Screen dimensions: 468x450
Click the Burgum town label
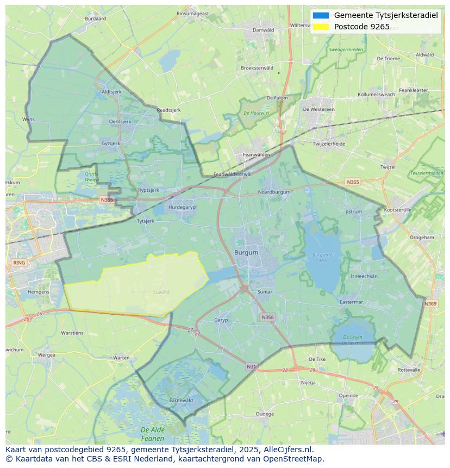click(x=246, y=253)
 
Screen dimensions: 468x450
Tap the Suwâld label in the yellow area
click(x=161, y=292)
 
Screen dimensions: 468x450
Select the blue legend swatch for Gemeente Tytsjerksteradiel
click(x=321, y=15)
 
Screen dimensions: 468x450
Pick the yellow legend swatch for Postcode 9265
click(x=321, y=27)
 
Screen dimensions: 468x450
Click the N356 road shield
click(x=267, y=317)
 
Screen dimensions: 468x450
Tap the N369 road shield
click(x=430, y=304)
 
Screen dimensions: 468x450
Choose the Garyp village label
click(x=221, y=320)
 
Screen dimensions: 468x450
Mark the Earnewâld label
click(x=181, y=400)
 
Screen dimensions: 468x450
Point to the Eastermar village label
click(x=351, y=302)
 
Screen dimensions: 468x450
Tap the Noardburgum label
click(x=274, y=192)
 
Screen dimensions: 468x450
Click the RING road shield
click(x=19, y=263)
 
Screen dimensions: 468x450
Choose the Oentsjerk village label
click(x=120, y=121)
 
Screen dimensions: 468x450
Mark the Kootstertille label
click(x=398, y=209)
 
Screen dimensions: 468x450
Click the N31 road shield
click(x=251, y=367)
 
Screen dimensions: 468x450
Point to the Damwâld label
click(x=263, y=30)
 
